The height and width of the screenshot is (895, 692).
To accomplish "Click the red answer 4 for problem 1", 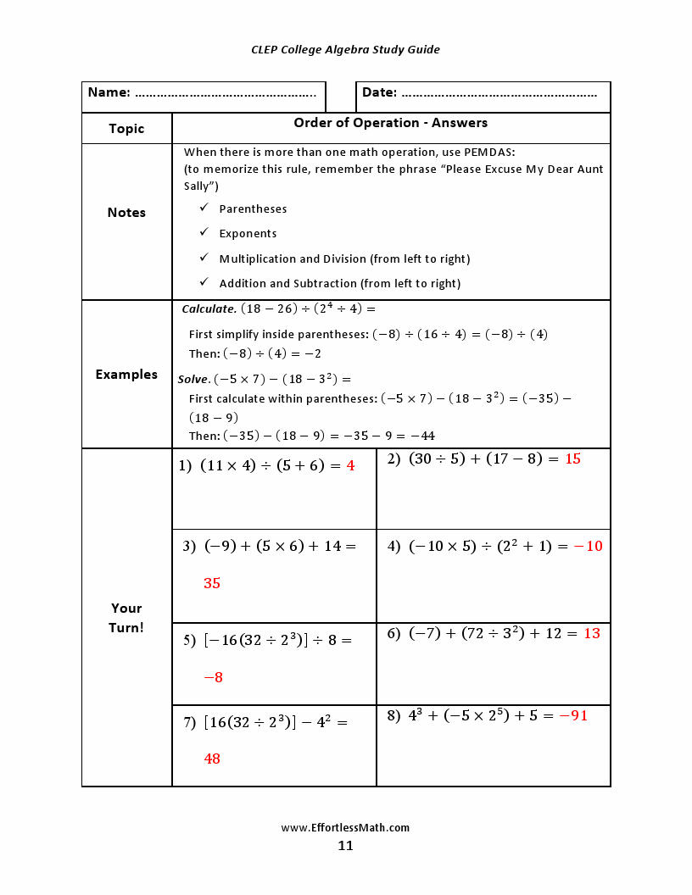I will [x=350, y=465].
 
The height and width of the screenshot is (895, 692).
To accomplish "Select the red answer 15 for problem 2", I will [x=572, y=459].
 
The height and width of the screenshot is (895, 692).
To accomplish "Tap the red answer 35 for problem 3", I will [x=212, y=583].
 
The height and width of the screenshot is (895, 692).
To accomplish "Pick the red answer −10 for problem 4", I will [x=588, y=546].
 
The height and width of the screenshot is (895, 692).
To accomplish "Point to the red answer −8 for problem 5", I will [x=213, y=677].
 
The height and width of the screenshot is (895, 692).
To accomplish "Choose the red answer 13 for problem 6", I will [x=592, y=633].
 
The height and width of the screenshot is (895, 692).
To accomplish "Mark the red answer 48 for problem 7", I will [x=212, y=759].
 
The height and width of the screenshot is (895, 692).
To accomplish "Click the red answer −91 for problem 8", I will [x=573, y=715].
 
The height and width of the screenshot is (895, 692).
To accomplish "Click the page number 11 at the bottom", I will [x=345, y=845].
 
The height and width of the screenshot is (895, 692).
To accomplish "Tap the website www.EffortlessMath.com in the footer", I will [x=345, y=827].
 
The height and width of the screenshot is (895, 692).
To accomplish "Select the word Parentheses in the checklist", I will [x=253, y=208].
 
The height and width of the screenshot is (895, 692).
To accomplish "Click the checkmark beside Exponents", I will [x=204, y=232].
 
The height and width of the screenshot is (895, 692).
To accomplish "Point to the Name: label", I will [x=109, y=92].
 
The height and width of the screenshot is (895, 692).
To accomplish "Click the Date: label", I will [x=379, y=92].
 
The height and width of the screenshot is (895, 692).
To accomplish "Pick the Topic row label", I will [x=126, y=129].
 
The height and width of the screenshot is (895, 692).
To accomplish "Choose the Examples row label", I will [x=126, y=374].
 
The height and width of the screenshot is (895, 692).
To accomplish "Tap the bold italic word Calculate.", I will [x=209, y=309].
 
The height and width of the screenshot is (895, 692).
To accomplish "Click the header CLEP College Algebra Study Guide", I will [x=345, y=49].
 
